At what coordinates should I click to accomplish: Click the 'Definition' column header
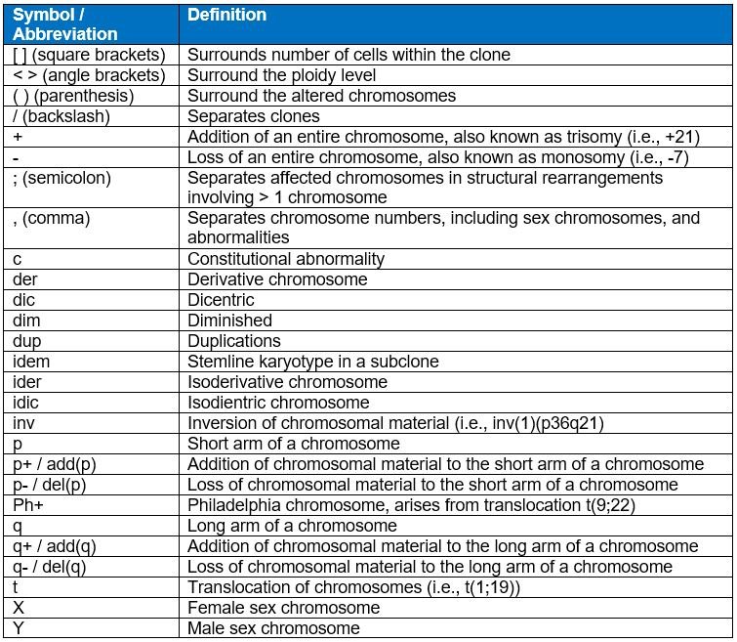[226, 16]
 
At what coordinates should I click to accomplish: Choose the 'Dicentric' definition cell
[222, 300]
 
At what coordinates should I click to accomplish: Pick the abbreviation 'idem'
[30, 362]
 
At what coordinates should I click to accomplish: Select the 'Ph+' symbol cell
[29, 505]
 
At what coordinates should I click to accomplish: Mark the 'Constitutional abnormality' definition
[286, 259]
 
